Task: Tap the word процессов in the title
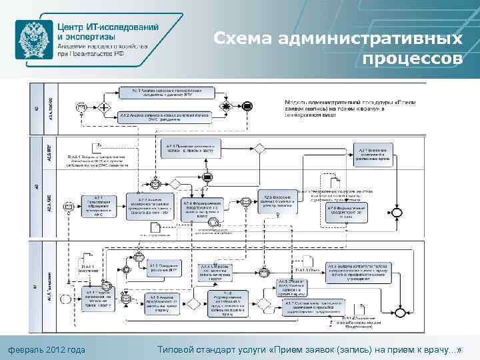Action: click(413, 59)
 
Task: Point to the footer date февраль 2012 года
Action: click(46, 350)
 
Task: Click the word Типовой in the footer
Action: click(179, 350)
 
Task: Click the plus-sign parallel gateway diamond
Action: click(104, 105)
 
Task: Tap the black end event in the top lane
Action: click(247, 105)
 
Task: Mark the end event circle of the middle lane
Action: click(398, 211)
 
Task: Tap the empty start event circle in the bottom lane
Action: click(65, 299)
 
